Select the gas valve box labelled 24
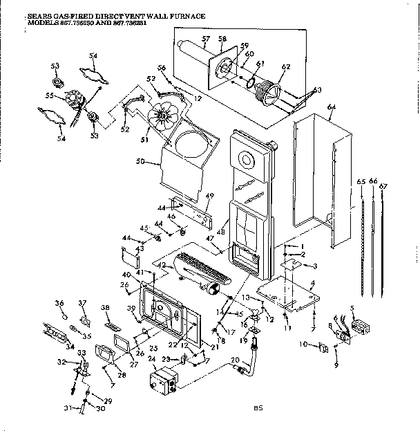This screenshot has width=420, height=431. [x=164, y=383]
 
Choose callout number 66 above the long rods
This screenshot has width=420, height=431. [x=374, y=181]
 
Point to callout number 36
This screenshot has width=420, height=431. [x=59, y=302]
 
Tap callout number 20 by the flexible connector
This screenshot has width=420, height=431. [x=234, y=358]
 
